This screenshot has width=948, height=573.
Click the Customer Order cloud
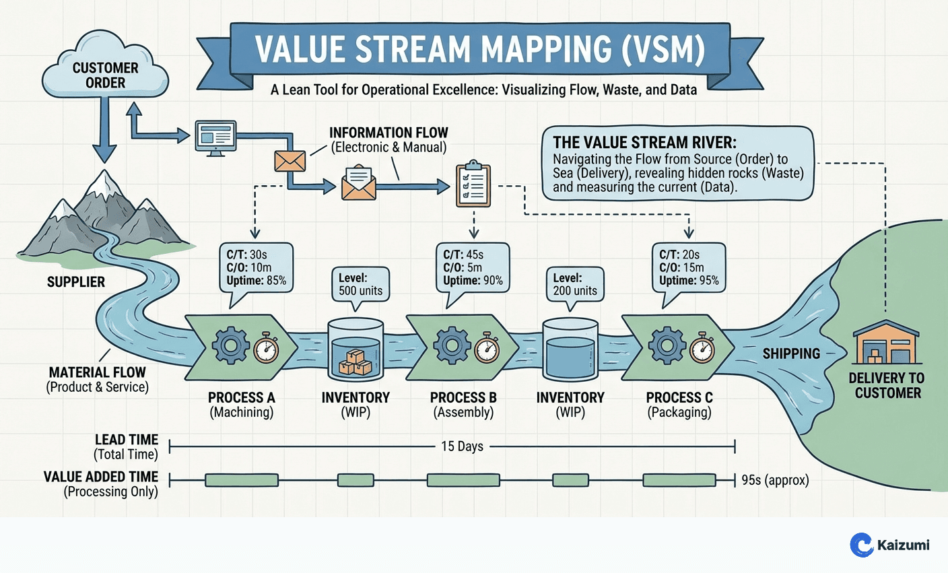[x=105, y=73]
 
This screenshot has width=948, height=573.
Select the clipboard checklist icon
[x=473, y=183]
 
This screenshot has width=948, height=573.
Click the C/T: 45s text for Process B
[x=463, y=255]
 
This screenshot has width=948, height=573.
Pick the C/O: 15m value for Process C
[x=681, y=267]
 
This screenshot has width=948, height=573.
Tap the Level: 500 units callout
[x=360, y=285]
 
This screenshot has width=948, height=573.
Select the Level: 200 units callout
[x=575, y=285]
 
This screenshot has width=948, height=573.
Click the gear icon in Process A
[x=230, y=347]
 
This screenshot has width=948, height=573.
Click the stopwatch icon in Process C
[x=702, y=347]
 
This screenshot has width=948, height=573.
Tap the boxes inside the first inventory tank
[x=355, y=362]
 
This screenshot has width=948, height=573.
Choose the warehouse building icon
[x=885, y=344]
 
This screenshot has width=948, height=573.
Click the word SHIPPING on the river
[x=791, y=353]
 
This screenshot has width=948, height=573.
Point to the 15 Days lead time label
[x=462, y=446]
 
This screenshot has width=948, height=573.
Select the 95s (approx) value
[x=775, y=480]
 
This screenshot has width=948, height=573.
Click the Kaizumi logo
[x=889, y=545]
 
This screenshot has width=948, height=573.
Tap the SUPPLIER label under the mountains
[x=76, y=282]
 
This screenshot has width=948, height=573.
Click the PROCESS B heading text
[x=463, y=398]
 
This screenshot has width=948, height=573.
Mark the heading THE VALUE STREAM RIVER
[x=644, y=143]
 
